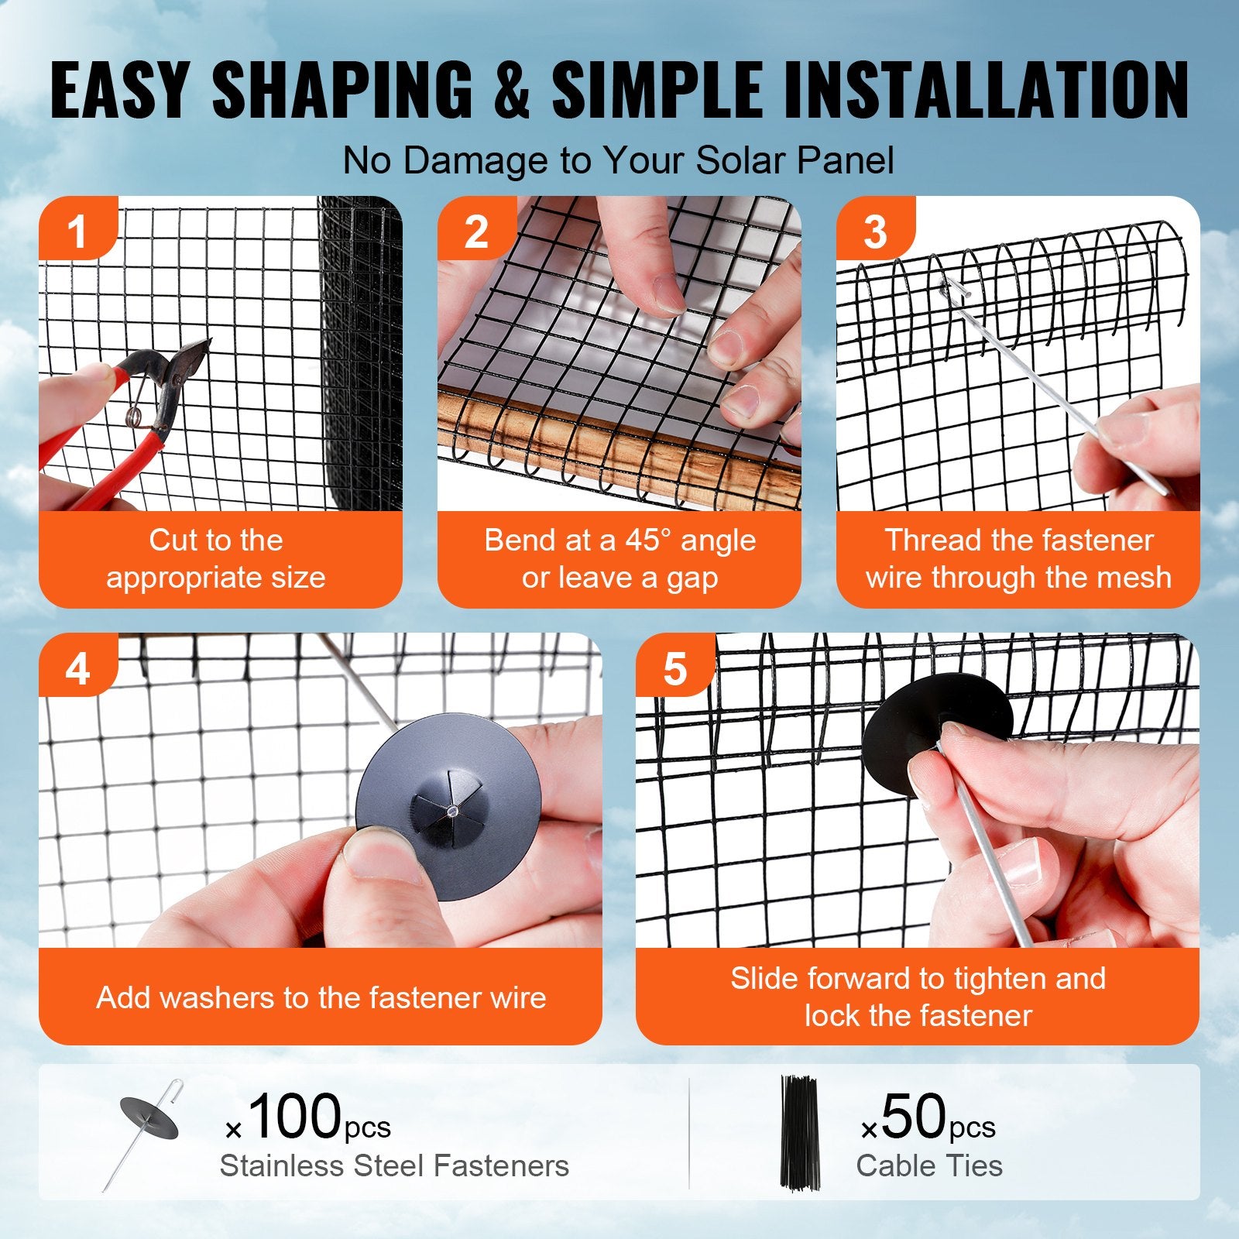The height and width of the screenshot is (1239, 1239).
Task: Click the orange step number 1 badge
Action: [77, 231]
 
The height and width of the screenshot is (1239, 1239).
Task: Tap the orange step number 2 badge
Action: [475, 231]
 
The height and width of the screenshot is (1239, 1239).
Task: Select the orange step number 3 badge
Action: [874, 231]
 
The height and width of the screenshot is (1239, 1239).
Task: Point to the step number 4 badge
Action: [77, 668]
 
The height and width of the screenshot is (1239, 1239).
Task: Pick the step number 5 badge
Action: [674, 668]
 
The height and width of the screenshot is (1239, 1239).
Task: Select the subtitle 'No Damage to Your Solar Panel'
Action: [618, 161]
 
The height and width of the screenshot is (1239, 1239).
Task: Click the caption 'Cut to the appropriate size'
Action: [216, 559]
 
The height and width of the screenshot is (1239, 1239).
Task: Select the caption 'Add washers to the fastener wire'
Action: [321, 997]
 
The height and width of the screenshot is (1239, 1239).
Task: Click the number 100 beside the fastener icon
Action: [294, 1117]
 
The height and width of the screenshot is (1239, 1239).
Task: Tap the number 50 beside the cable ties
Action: [914, 1117]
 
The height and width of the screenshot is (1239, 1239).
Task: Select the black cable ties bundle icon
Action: [798, 1132]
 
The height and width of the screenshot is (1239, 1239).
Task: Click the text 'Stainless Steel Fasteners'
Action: [394, 1166]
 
